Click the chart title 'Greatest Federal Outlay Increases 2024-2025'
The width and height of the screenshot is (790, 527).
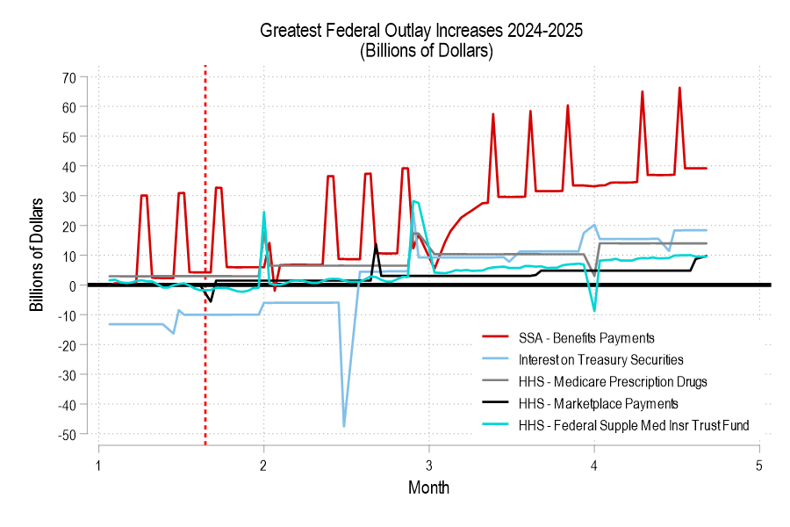click(x=421, y=31)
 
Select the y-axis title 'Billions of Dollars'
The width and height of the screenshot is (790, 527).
click(x=37, y=256)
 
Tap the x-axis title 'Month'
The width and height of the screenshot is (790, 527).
click(x=428, y=487)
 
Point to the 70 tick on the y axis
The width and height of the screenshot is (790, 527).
click(x=69, y=76)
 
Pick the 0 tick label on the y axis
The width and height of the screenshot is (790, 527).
click(x=74, y=285)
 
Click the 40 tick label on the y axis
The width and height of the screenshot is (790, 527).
click(x=69, y=166)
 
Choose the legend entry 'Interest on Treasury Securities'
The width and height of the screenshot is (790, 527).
click(x=600, y=359)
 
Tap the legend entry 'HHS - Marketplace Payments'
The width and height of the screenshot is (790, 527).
click(x=598, y=403)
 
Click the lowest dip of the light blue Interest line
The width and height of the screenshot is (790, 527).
click(x=344, y=426)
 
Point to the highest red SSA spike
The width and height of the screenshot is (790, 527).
click(x=679, y=88)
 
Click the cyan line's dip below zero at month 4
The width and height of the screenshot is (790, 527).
click(x=594, y=310)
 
